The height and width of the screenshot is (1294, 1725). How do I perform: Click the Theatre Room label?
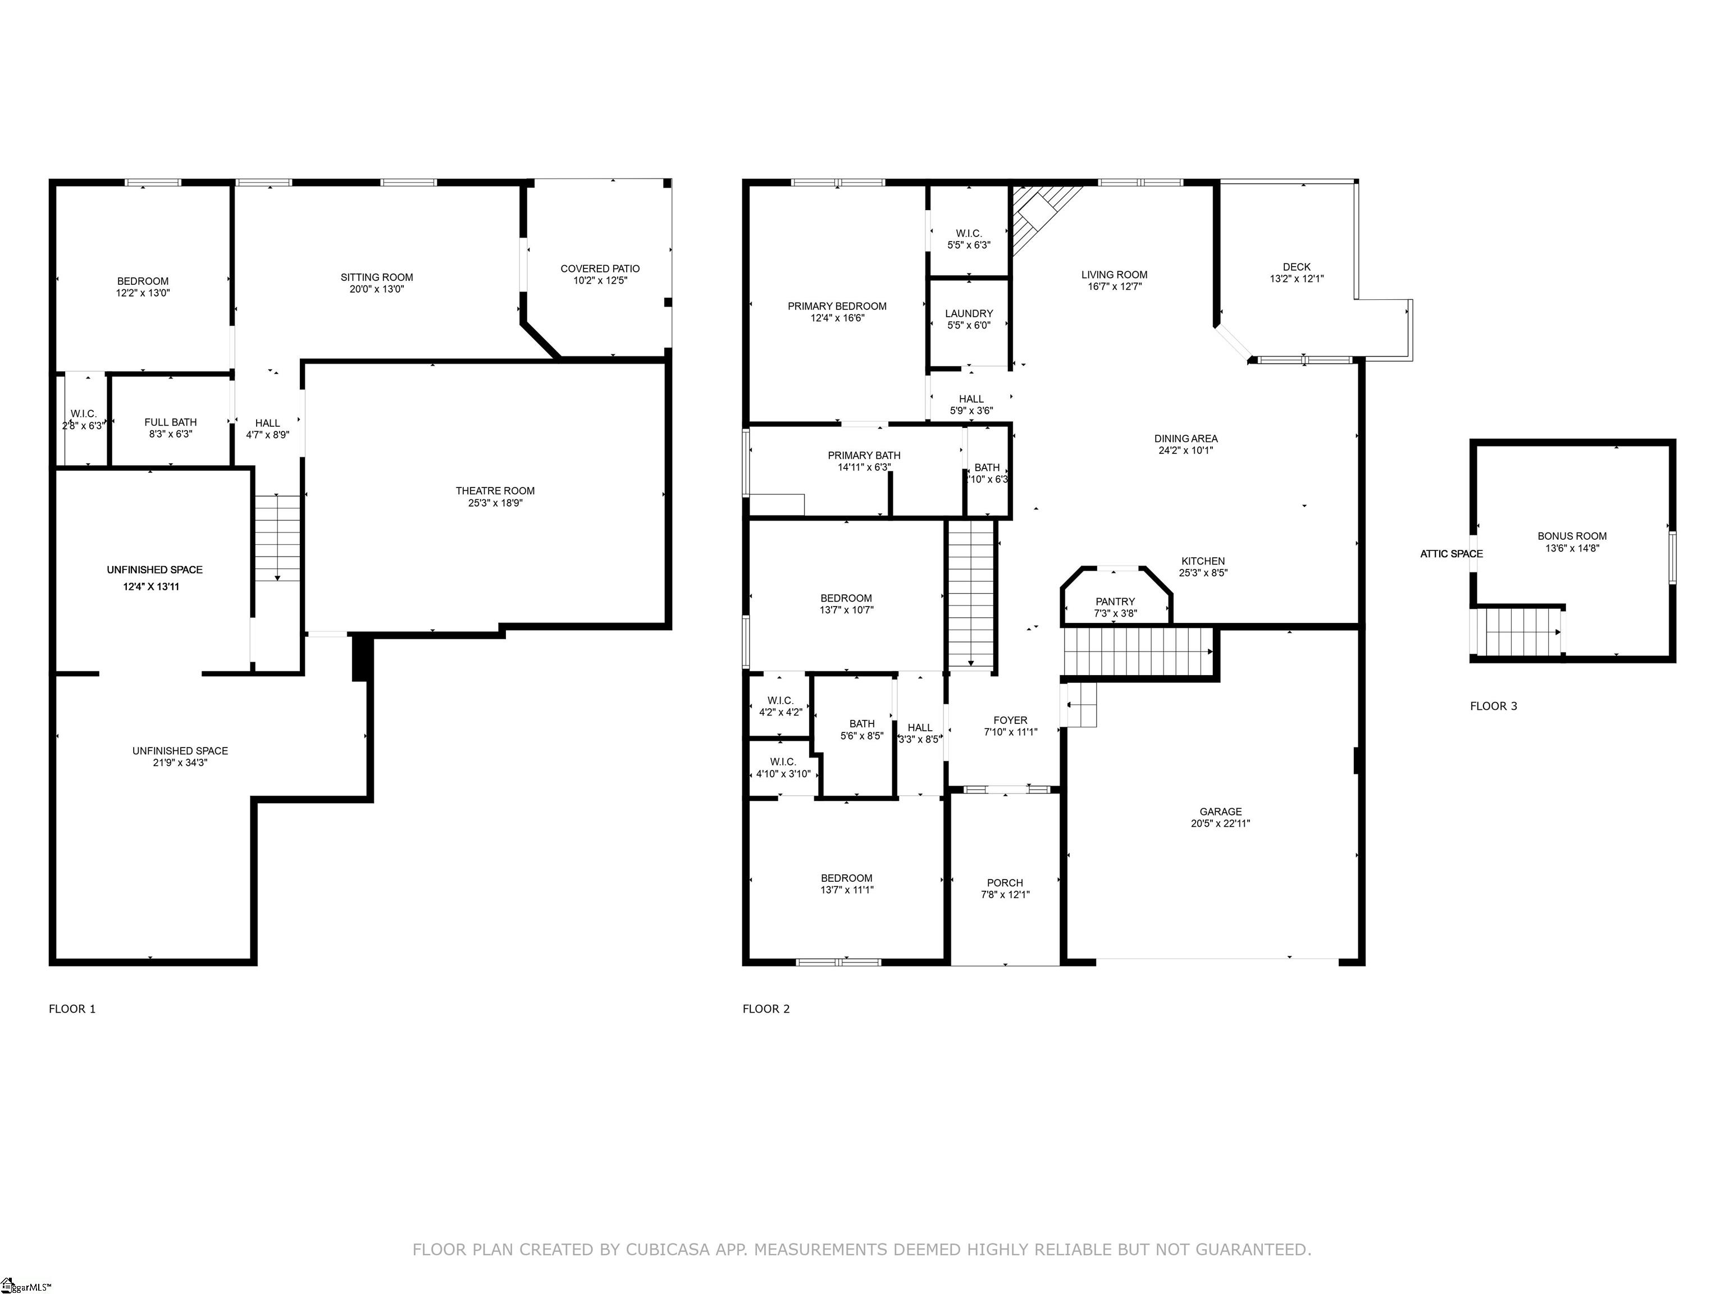tap(495, 491)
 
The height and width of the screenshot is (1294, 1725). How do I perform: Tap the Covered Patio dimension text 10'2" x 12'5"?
tap(600, 281)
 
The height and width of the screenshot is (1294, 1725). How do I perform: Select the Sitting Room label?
tap(377, 277)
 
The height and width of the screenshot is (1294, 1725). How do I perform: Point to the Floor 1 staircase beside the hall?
tap(277, 537)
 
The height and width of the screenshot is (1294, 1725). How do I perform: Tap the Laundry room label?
tap(969, 313)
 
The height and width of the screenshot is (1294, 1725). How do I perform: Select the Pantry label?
tap(1115, 602)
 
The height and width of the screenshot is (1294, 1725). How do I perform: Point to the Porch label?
tap(1005, 883)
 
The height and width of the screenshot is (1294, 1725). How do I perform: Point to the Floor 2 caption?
tap(766, 1009)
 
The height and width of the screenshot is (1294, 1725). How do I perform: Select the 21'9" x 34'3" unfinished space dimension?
tap(180, 763)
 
